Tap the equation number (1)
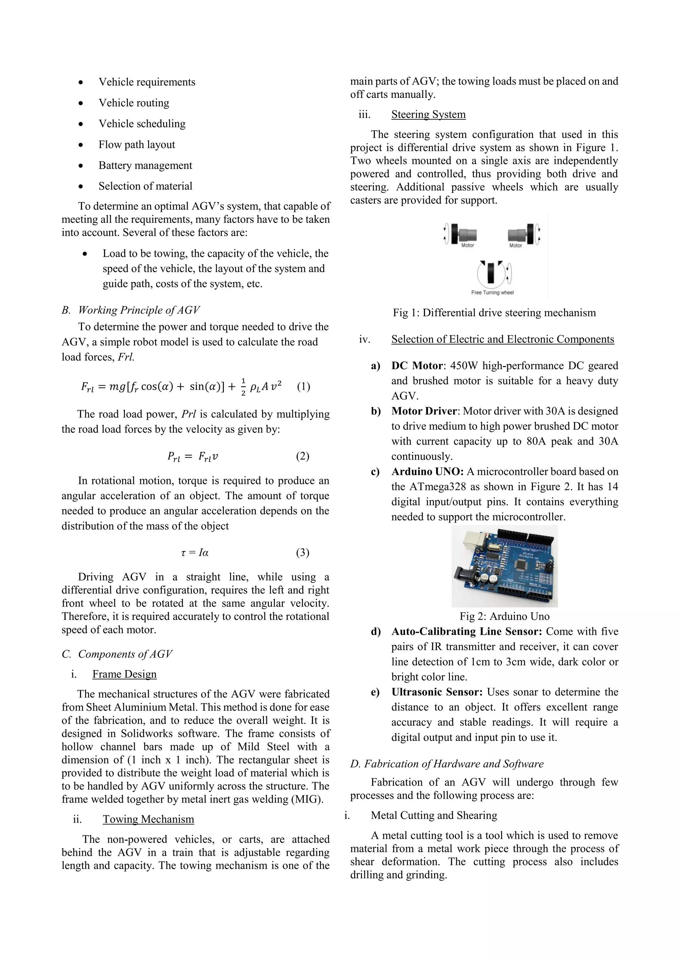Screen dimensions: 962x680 coord(303,386)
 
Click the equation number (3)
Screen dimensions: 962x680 coord(302,553)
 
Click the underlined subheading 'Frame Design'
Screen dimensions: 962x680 coord(125,674)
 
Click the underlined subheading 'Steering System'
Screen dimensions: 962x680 coord(428,114)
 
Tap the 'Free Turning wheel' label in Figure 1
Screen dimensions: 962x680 coord(492,292)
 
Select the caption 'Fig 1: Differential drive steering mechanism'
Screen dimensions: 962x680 coord(494,313)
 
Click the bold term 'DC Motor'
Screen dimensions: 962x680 coord(417,366)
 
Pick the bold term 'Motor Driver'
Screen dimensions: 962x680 coord(423,411)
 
